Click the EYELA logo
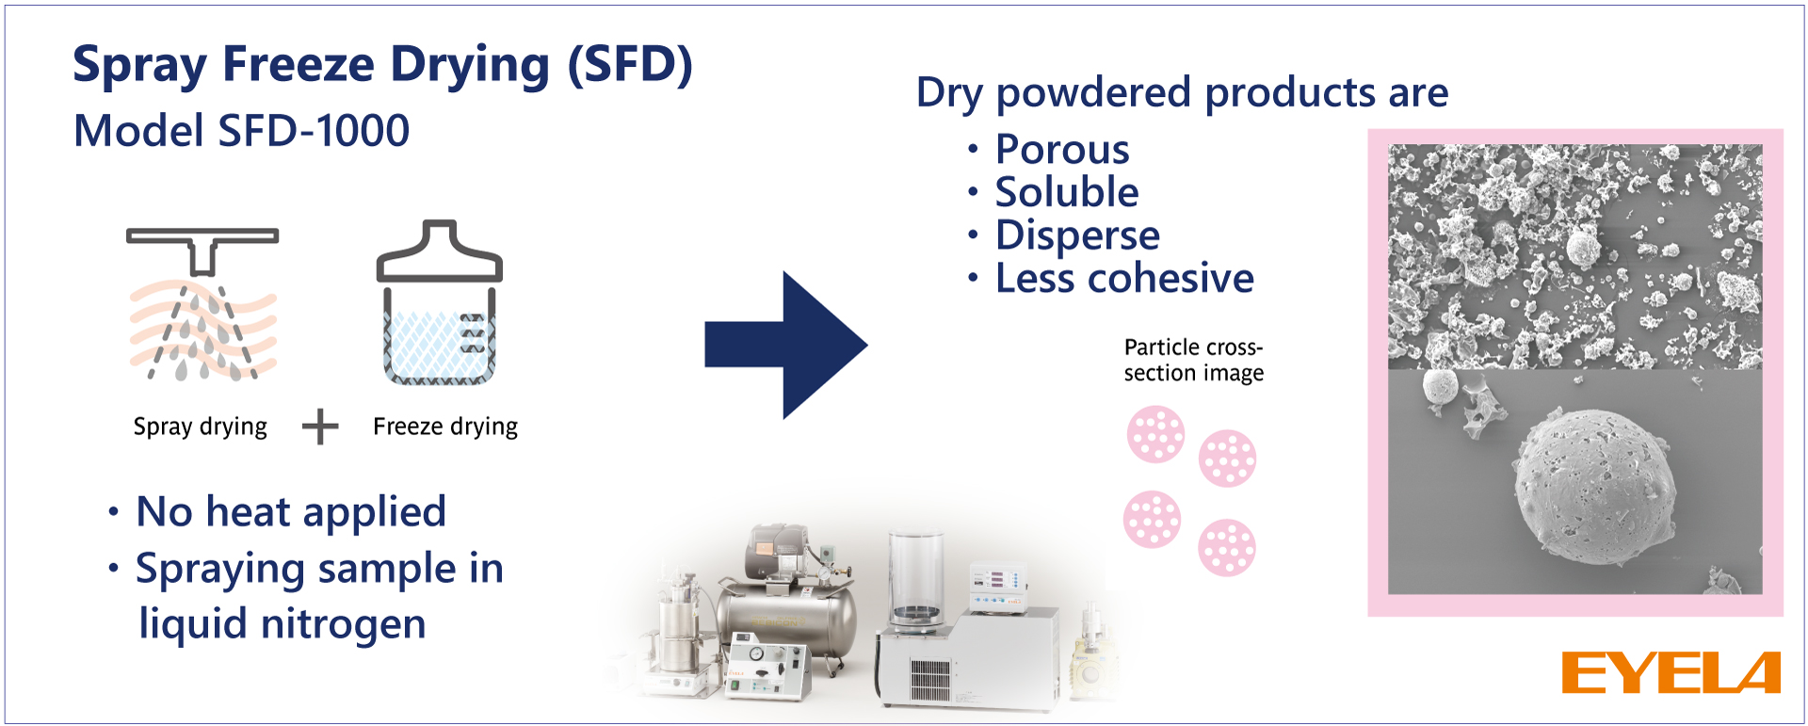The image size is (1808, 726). pyautogui.click(x=1671, y=672)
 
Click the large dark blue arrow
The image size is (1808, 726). pyautogui.click(x=784, y=346)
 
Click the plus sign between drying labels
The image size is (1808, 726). pyautogui.click(x=320, y=427)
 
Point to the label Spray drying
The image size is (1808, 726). pyautogui.click(x=200, y=427)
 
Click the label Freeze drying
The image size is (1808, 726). pyautogui.click(x=444, y=427)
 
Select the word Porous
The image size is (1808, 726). pyautogui.click(x=1061, y=150)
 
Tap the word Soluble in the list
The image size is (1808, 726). pyautogui.click(x=1066, y=192)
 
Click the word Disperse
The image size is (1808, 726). pyautogui.click(x=1076, y=235)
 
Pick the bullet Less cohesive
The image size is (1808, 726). pyautogui.click(x=1123, y=279)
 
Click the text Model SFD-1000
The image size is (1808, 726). pyautogui.click(x=241, y=131)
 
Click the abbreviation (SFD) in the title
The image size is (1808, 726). pyautogui.click(x=629, y=65)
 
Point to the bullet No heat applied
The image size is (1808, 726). pyautogui.click(x=290, y=512)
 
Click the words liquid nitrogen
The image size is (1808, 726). pyautogui.click(x=282, y=623)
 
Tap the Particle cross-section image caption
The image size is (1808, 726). pyautogui.click(x=1193, y=361)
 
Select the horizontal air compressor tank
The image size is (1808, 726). pyautogui.click(x=787, y=616)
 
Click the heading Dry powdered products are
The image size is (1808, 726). pyautogui.click(x=1182, y=93)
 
